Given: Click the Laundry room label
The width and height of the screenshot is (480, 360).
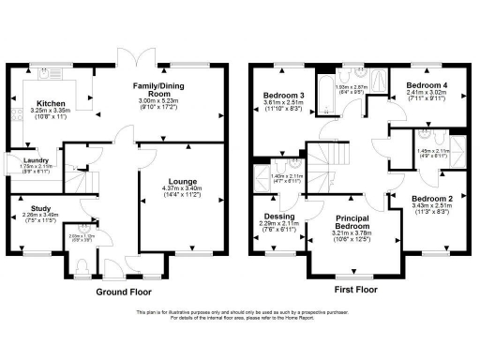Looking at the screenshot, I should pos(37,160).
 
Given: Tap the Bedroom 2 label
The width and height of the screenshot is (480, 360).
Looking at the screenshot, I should pos(432,200).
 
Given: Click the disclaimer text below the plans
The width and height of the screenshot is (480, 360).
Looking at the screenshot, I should pos(240,316).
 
